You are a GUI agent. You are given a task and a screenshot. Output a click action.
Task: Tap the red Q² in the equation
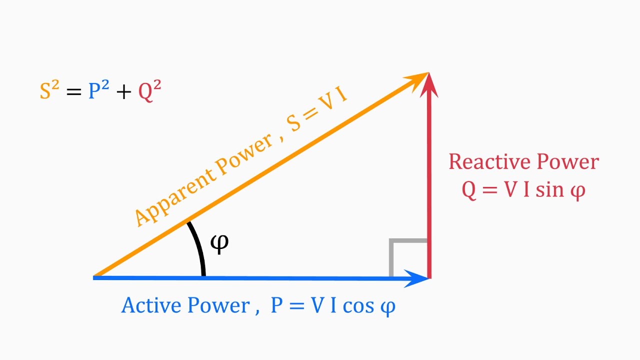click(x=149, y=91)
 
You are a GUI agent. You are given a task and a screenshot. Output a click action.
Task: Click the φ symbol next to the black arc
click(x=219, y=243)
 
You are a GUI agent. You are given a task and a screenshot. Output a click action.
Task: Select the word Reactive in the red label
click(x=489, y=162)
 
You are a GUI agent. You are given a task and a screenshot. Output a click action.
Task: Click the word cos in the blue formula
click(x=357, y=306)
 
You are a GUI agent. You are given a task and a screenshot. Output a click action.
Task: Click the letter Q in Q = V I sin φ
click(x=469, y=191)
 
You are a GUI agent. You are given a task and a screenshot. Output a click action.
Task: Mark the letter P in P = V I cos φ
click(x=277, y=305)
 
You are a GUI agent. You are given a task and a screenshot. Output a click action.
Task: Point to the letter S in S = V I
click(x=294, y=123)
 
